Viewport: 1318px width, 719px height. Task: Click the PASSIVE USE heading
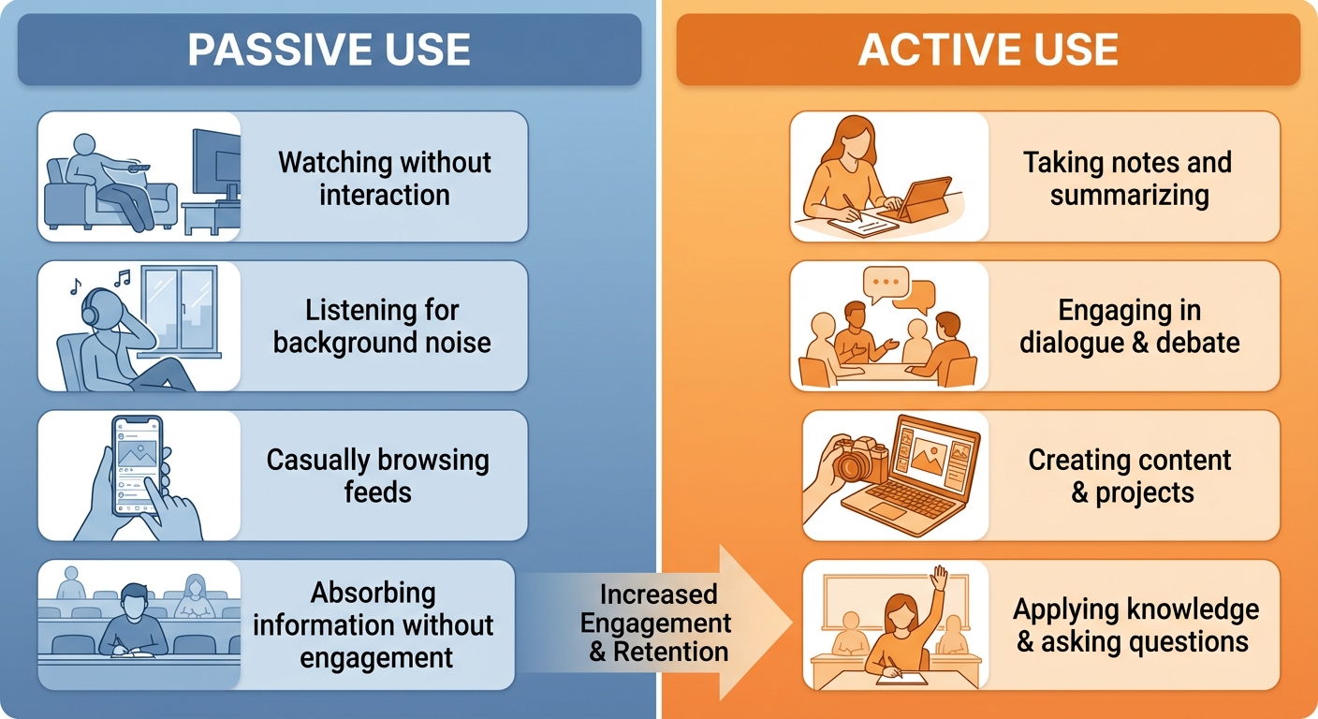pyautogui.click(x=329, y=50)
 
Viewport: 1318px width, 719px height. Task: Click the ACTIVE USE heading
pyautogui.click(x=988, y=50)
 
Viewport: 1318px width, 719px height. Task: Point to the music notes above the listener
pyautogui.click(x=96, y=281)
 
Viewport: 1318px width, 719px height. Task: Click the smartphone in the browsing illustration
pyautogui.click(x=137, y=465)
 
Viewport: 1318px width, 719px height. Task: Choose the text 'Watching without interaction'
pyautogui.click(x=384, y=178)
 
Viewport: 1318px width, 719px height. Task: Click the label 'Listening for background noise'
pyautogui.click(x=382, y=326)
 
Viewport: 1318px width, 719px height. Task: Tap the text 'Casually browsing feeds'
pyautogui.click(x=377, y=476)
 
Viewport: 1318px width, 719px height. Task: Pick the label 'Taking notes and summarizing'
pyautogui.click(x=1128, y=178)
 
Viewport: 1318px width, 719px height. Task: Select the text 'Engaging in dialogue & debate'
pyautogui.click(x=1129, y=326)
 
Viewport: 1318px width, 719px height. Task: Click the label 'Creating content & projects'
pyautogui.click(x=1131, y=476)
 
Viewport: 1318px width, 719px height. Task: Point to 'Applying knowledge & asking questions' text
pyautogui.click(x=1135, y=625)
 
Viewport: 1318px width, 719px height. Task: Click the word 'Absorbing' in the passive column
pyautogui.click(x=373, y=593)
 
